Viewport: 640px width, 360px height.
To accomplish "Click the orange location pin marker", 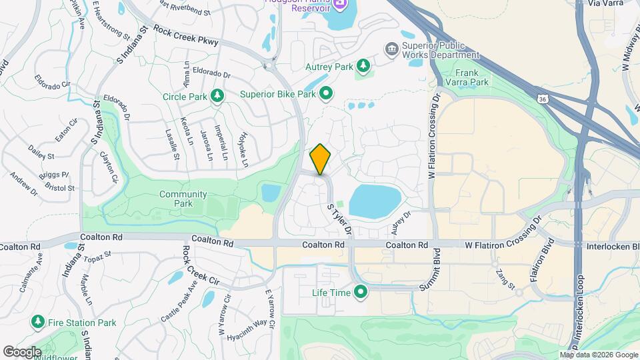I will pyautogui.click(x=321, y=159).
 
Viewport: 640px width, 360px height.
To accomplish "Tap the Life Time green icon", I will pyautogui.click(x=361, y=292).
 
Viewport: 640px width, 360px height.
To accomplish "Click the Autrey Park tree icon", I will pyautogui.click(x=363, y=66).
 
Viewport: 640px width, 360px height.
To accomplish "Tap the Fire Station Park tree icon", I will pyautogui.click(x=38, y=323).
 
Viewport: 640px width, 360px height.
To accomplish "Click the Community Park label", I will pyautogui.click(x=183, y=199).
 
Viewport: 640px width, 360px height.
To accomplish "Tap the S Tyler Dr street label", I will pyautogui.click(x=339, y=219).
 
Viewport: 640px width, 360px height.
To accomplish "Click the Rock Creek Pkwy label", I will pyautogui.click(x=186, y=35).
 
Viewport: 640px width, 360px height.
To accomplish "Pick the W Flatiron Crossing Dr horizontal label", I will pyautogui.click(x=495, y=245).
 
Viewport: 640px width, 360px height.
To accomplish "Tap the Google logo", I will pyautogui.click(x=23, y=351).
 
